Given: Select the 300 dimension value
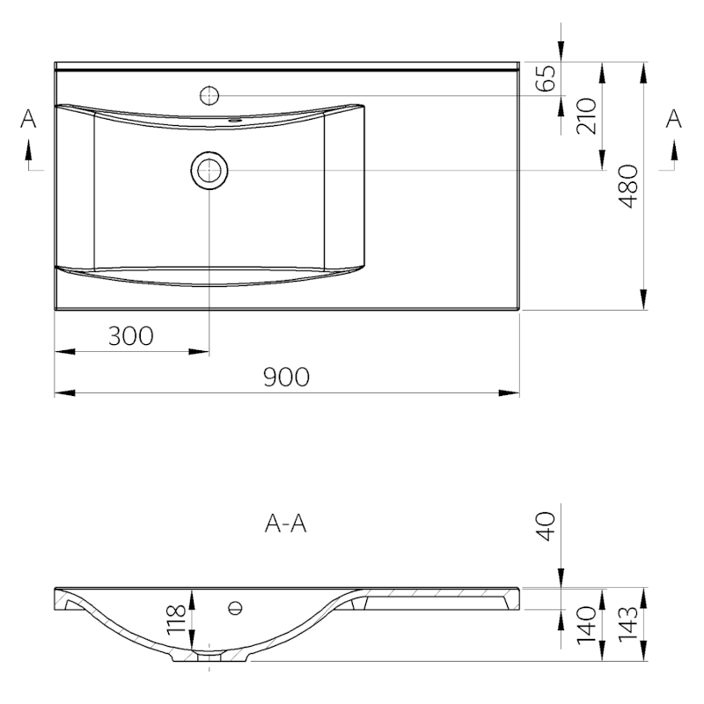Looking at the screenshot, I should click(130, 335).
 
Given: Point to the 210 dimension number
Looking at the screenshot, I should click(586, 115).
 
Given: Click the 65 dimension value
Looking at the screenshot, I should click(546, 79).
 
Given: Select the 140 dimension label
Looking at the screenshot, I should click(586, 623).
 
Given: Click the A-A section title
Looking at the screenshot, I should click(286, 525).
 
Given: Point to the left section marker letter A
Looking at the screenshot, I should click(29, 120).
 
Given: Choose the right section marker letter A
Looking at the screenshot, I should click(675, 120).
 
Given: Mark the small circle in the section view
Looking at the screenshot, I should click(234, 606).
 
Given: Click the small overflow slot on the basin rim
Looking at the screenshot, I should click(235, 118).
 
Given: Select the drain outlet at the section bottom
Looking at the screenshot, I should click(209, 656).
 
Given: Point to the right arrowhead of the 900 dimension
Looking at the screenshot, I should click(513, 393).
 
